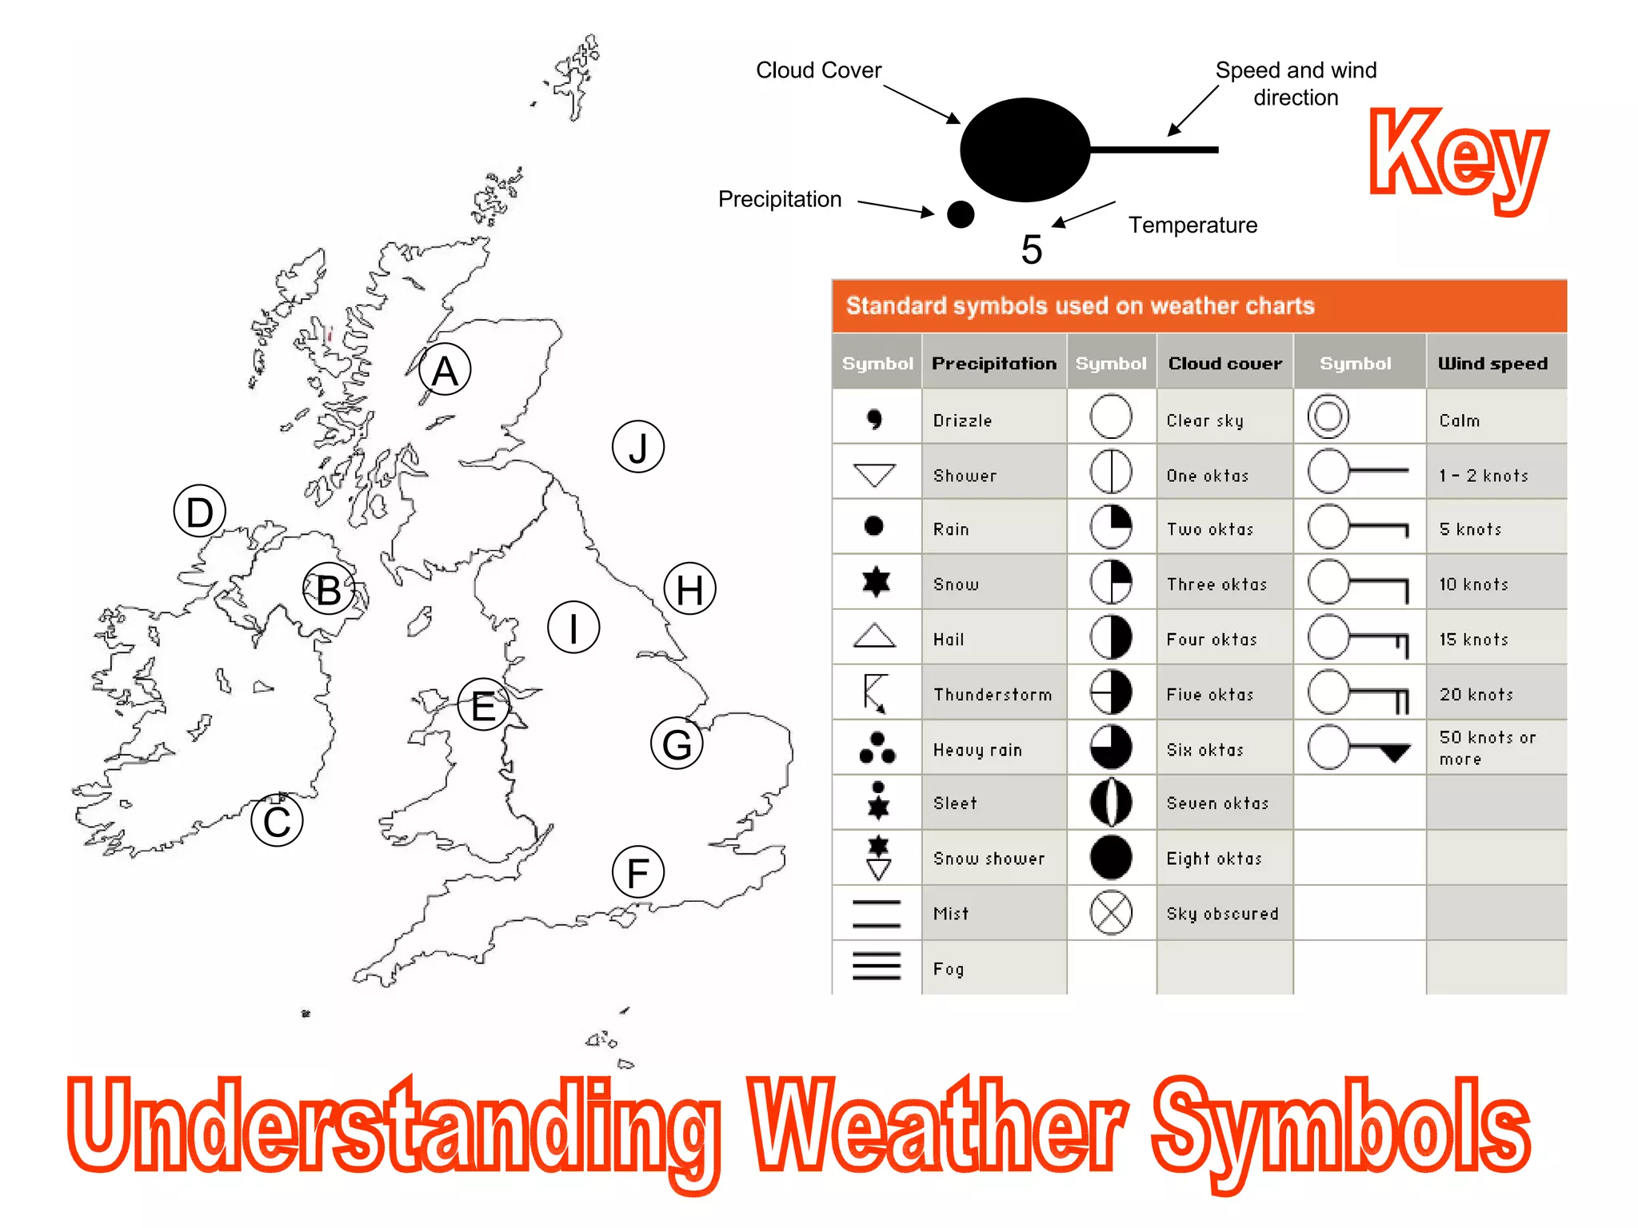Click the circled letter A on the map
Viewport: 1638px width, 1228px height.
(x=445, y=370)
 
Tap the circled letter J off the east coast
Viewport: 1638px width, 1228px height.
(x=637, y=447)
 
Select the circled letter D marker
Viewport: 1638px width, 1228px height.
(x=199, y=512)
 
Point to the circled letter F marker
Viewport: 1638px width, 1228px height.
(x=637, y=872)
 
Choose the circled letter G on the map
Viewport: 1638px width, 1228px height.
(x=677, y=744)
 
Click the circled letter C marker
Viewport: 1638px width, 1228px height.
(x=277, y=821)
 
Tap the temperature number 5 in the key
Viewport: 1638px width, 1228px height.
(x=1032, y=249)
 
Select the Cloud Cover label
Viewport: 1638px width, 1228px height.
(x=818, y=70)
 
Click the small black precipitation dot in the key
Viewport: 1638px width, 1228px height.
(x=960, y=214)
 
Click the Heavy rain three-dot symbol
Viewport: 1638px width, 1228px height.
(x=877, y=748)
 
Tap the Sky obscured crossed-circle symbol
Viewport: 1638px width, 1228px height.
(x=1111, y=913)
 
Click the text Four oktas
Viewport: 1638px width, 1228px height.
(x=1212, y=640)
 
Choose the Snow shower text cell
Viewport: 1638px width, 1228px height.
(x=989, y=859)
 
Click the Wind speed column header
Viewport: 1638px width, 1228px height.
(x=1492, y=364)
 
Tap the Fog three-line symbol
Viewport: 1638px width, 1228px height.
(x=876, y=967)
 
